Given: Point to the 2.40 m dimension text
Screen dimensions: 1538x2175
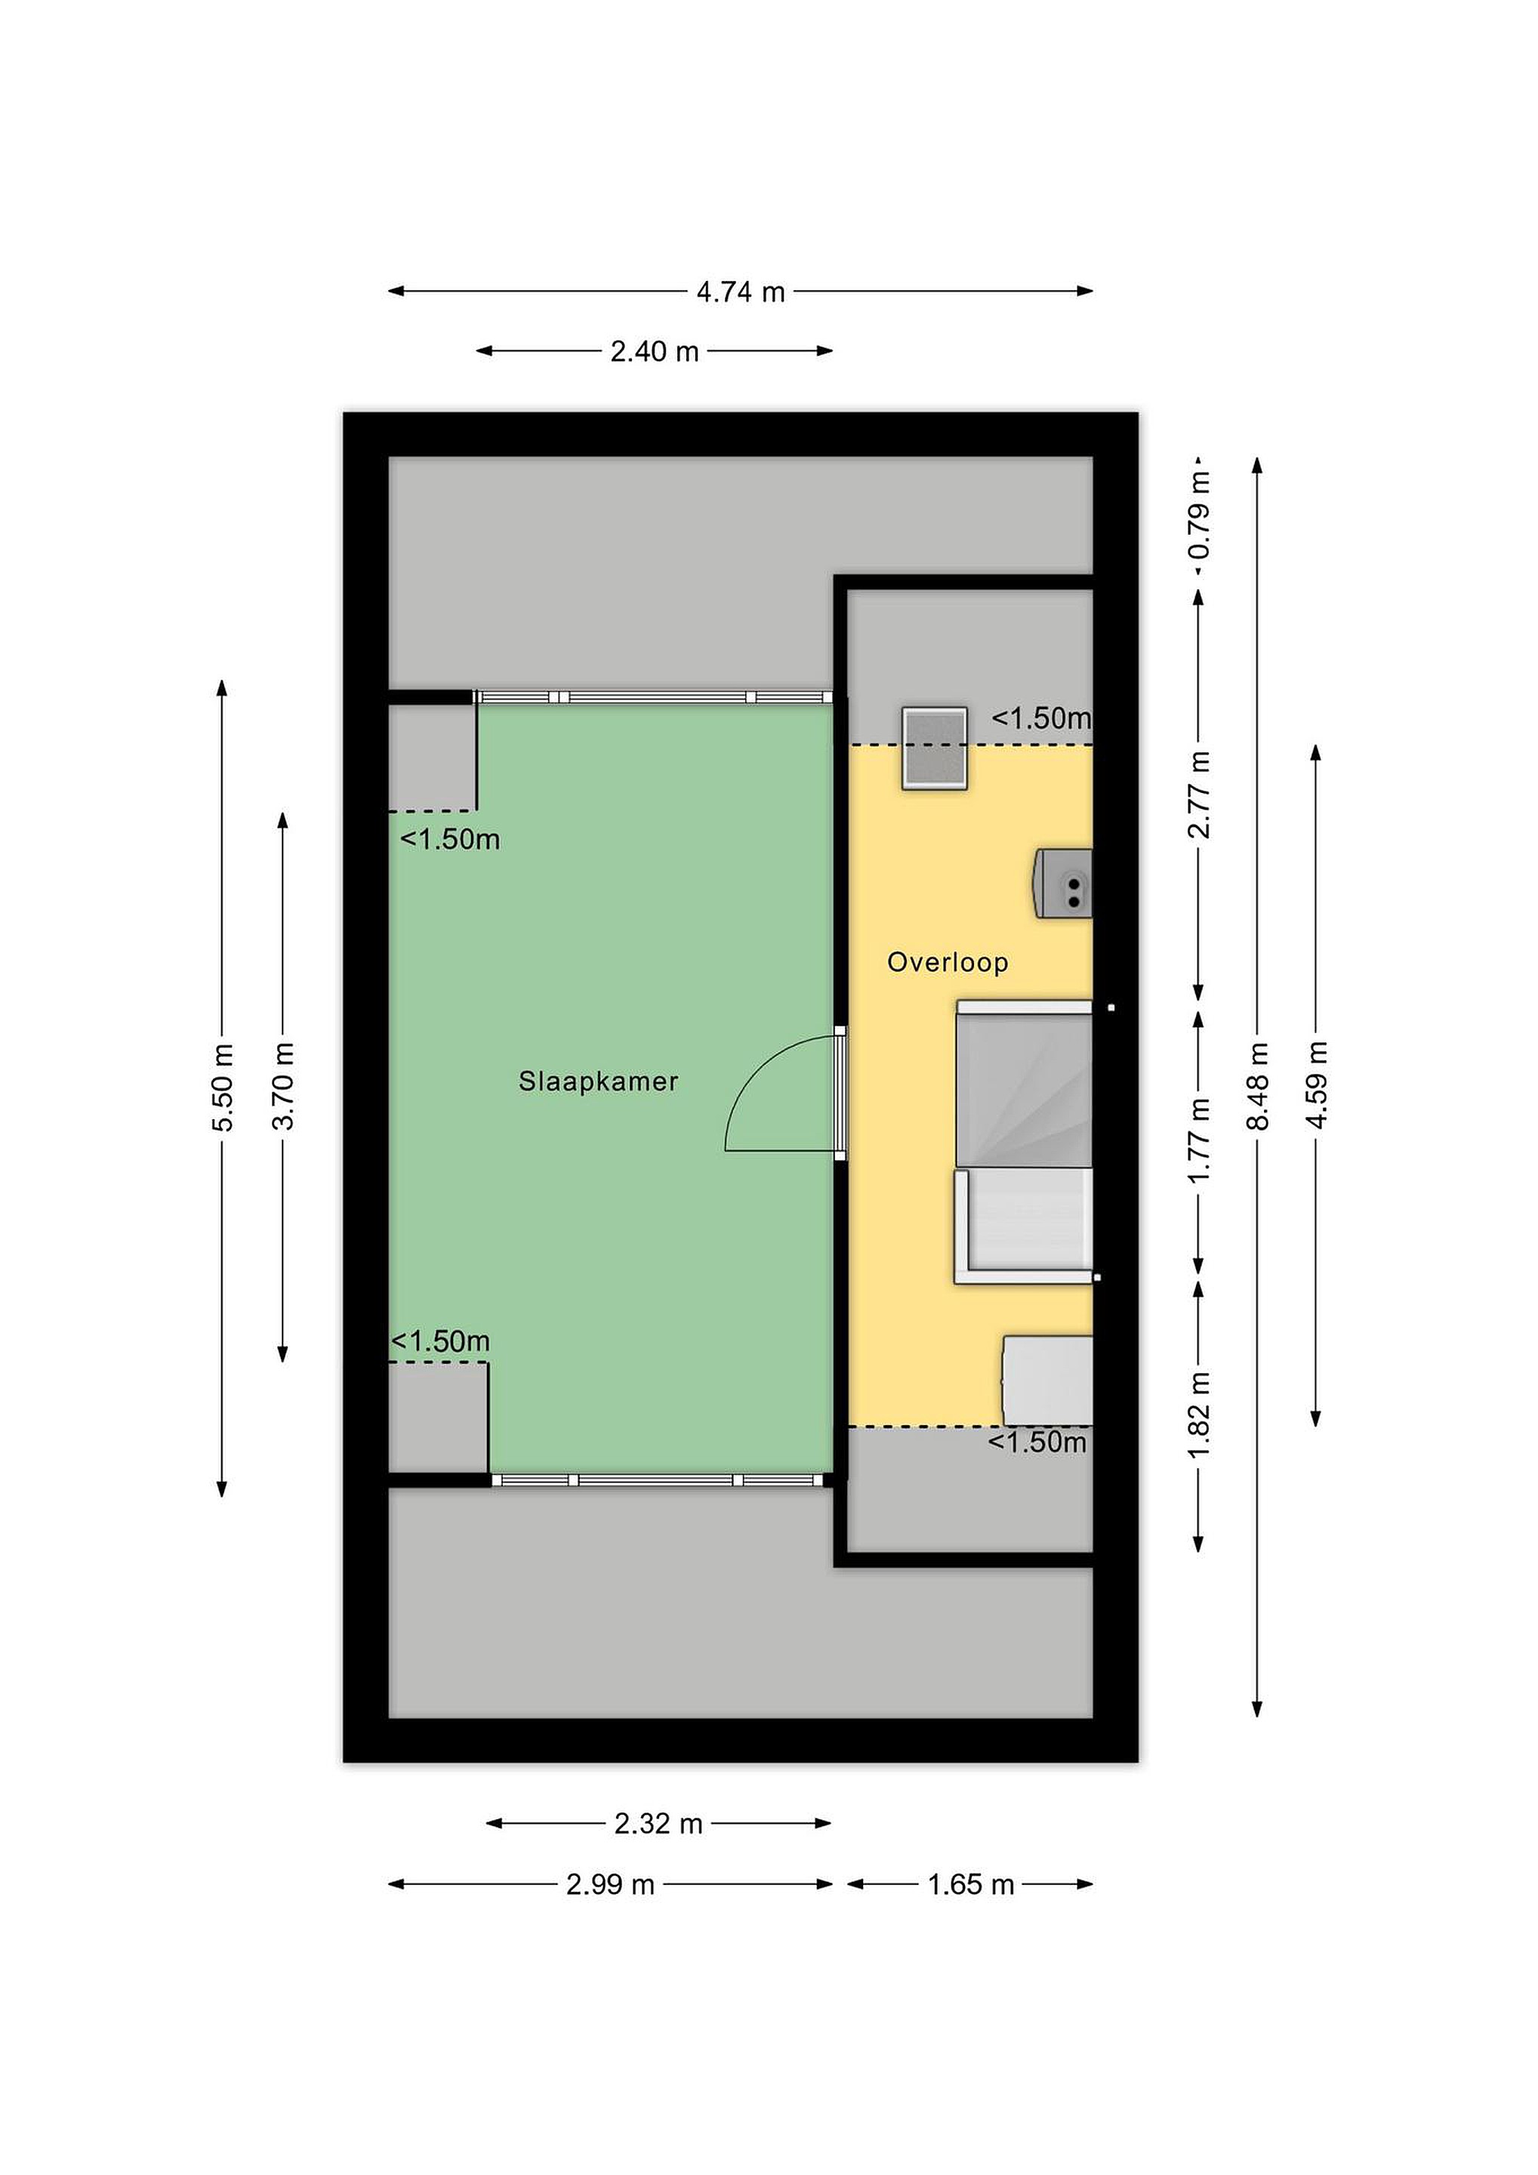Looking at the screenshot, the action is [655, 351].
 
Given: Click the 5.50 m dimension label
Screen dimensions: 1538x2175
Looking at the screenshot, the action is [223, 1087].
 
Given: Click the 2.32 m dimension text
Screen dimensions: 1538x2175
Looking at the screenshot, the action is [658, 1824].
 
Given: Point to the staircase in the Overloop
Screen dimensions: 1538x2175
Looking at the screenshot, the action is [1024, 1143].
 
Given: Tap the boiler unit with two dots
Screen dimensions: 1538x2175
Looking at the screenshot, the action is [1062, 884].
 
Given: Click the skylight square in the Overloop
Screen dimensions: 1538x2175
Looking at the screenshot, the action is [935, 748].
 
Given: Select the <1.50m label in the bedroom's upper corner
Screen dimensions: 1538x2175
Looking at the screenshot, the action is [450, 839].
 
